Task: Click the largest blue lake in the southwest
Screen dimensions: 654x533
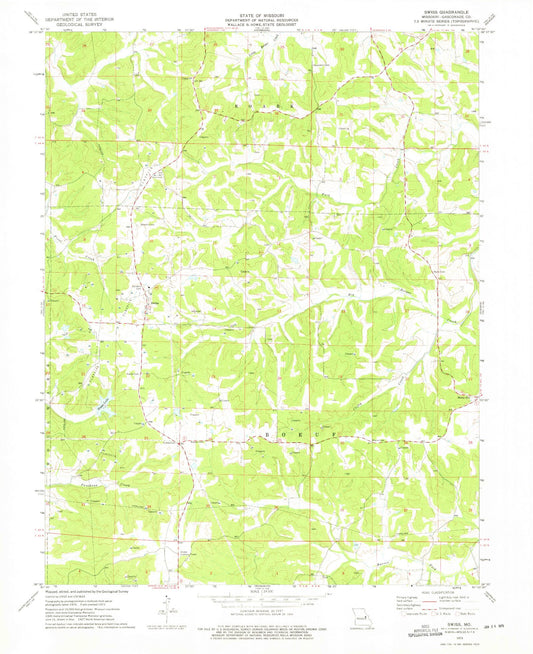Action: point(102,405)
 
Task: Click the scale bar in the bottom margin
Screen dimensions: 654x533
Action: point(266,602)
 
